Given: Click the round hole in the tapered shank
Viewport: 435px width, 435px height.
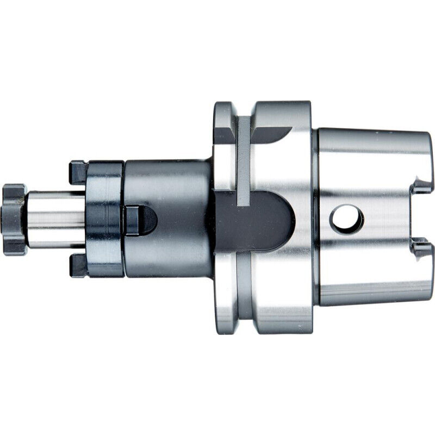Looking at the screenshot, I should (346, 219).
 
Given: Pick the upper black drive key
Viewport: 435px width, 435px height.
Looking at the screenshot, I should (77, 172).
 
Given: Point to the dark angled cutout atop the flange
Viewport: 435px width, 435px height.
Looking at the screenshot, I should (266, 132).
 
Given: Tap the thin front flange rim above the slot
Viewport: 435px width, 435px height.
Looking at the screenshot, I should (224, 147).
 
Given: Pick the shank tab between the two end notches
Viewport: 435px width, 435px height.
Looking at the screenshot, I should (424, 217).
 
